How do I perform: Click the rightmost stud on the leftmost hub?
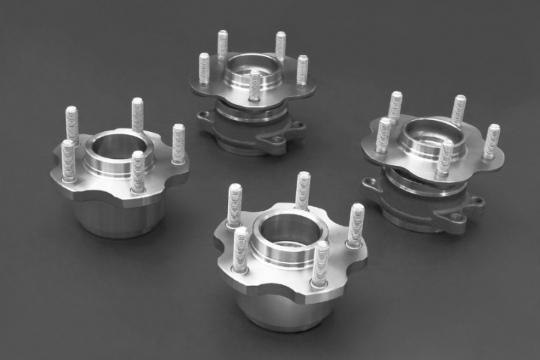(x=178, y=142)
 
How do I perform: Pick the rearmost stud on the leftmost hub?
(x=137, y=114)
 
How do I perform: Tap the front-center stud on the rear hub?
(x=255, y=85)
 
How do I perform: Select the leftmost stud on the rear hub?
(x=204, y=69)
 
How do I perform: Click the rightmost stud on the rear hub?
(x=302, y=69)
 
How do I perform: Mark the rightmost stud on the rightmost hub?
(x=491, y=140)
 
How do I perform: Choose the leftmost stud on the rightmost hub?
(x=384, y=133)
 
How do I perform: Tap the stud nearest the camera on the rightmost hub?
(x=445, y=157)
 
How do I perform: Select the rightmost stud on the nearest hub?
(x=355, y=224)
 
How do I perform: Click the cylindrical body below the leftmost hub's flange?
(x=120, y=214)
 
